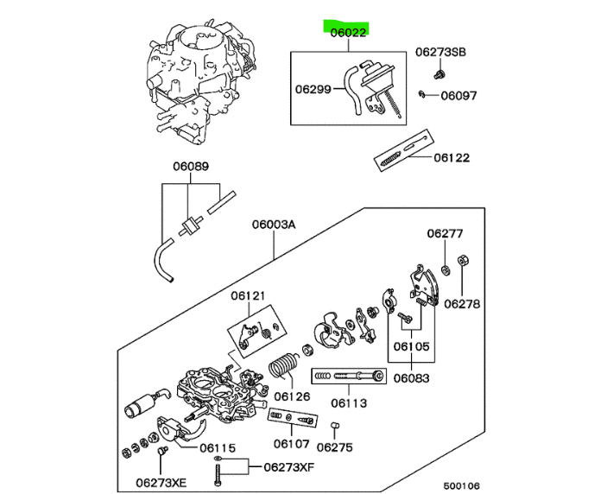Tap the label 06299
(314, 88)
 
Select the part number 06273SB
(440, 53)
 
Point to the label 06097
(458, 96)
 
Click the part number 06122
(452, 158)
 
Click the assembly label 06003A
(274, 225)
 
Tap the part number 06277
(446, 233)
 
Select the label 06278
(463, 304)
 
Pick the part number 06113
(351, 402)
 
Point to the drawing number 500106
(462, 485)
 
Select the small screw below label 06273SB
(439, 74)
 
